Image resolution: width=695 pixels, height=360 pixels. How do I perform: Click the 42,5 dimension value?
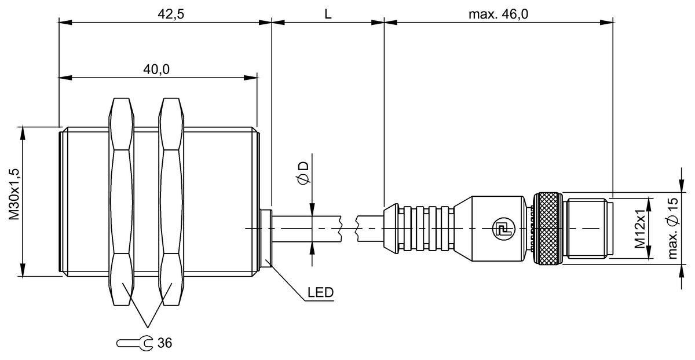(171, 14)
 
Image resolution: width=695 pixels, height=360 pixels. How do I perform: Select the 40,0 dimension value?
(156, 69)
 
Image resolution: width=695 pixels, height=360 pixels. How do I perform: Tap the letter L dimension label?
(328, 14)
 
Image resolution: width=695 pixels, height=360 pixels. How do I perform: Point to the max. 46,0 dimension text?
(498, 14)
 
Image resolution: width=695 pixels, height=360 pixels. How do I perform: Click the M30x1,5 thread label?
(14, 194)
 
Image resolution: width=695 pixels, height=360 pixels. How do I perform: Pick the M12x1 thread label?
(640, 229)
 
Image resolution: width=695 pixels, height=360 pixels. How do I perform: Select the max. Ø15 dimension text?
(672, 229)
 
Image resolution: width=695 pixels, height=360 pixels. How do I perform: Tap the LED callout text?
(320, 292)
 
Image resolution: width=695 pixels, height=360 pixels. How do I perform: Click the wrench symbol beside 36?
(134, 343)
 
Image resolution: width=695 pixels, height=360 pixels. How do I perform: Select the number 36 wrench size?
(164, 343)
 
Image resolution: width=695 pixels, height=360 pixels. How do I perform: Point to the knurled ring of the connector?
(547, 229)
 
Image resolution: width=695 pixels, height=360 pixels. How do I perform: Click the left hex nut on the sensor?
(122, 201)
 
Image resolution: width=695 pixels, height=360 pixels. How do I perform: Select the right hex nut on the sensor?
(171, 201)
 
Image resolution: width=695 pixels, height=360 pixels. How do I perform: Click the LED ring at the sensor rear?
(266, 238)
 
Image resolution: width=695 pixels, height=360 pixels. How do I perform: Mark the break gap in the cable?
(349, 229)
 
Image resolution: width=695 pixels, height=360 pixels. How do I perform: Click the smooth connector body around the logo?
(490, 229)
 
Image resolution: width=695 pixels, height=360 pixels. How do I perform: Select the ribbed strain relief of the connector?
(419, 229)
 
